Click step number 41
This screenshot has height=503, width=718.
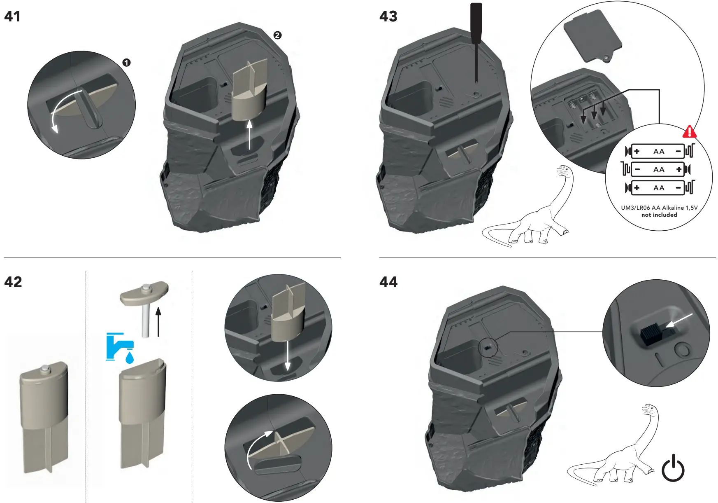pos(12,16)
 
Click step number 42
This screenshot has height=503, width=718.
pos(13,282)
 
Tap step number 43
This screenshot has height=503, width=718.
pos(388,16)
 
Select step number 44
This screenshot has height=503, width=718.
pos(388,282)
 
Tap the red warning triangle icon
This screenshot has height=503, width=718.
pos(690,132)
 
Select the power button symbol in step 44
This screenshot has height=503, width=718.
pos(673,468)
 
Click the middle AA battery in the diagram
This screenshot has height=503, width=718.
pos(658,169)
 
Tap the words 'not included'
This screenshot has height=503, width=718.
pos(659,215)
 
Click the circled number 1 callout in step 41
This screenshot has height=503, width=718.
pos(126,63)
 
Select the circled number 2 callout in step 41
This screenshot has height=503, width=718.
pos(277,35)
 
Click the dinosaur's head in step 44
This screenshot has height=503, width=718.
pos(648,409)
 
